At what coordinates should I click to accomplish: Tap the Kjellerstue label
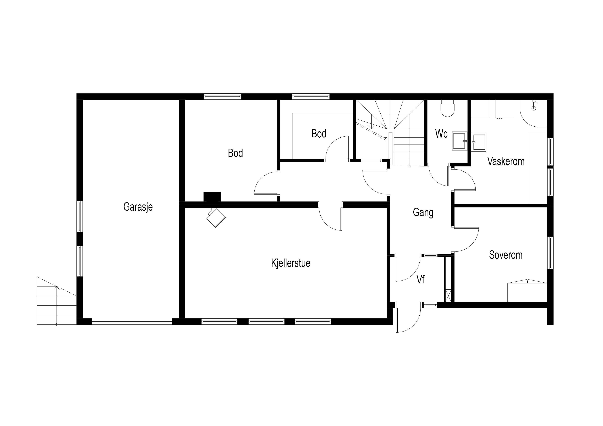[291, 263]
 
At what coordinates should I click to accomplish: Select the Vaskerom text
[506, 161]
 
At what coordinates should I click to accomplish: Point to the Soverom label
[506, 255]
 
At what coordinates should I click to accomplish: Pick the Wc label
[441, 134]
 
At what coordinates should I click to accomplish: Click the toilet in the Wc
[447, 108]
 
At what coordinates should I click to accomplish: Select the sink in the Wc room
[460, 141]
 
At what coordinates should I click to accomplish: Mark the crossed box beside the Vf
[448, 296]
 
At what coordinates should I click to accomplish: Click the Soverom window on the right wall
[550, 253]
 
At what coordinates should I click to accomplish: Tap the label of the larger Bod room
[235, 153]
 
